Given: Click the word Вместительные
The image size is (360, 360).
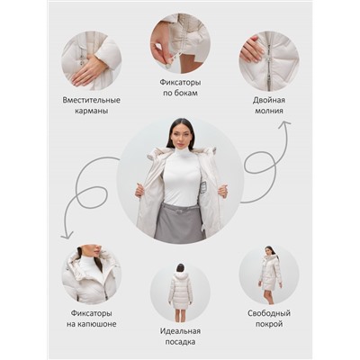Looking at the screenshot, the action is point(91,100).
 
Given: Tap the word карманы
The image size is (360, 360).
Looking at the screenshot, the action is point(91,111).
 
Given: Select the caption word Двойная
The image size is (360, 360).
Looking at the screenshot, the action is point(269,100).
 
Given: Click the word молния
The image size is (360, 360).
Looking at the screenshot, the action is point(269,111).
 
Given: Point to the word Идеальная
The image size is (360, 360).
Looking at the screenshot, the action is point(180,331).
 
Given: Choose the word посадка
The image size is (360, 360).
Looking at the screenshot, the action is point(180,342).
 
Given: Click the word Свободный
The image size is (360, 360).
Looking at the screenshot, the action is point(269,313).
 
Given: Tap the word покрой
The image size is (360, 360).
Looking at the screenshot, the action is point(269,324).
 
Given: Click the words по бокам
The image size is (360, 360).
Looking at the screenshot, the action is point(180,93).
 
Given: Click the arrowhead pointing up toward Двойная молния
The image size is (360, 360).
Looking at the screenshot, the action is point(284,123).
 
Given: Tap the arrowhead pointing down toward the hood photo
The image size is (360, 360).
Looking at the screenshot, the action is point(67,236).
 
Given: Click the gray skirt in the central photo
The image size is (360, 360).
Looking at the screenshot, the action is point(179,222).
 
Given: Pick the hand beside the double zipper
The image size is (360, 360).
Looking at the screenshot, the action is point(251,49).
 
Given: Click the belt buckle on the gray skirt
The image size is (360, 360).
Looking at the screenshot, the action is point(180,211).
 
